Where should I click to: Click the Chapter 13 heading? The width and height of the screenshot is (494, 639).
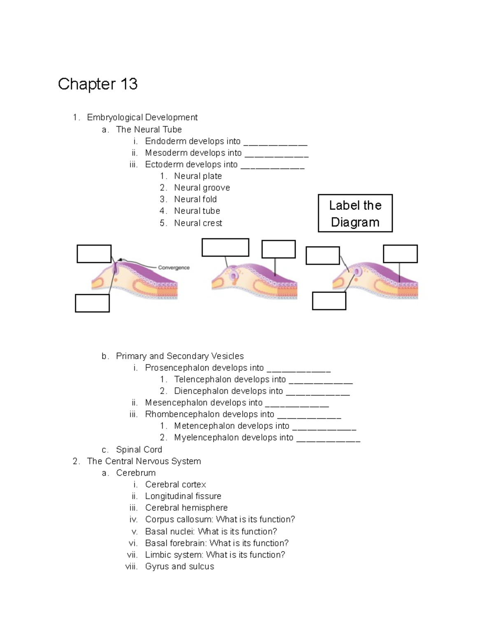tap(98, 84)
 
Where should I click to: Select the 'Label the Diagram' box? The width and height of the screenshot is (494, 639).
tap(355, 214)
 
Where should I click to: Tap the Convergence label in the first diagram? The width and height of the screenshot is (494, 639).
tap(174, 267)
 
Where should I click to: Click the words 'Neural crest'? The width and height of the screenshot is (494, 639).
tap(198, 223)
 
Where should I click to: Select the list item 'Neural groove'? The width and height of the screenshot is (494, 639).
tap(202, 188)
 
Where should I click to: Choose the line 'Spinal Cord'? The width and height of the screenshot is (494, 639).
tap(139, 449)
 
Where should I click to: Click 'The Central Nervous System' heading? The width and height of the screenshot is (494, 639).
tap(144, 461)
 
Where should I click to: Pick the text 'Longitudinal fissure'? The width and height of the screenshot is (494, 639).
tap(183, 496)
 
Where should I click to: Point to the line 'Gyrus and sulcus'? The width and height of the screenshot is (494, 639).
tap(179, 566)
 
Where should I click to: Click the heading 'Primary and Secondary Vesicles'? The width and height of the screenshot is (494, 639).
tap(179, 356)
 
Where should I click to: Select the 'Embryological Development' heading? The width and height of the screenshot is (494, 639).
tap(142, 117)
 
